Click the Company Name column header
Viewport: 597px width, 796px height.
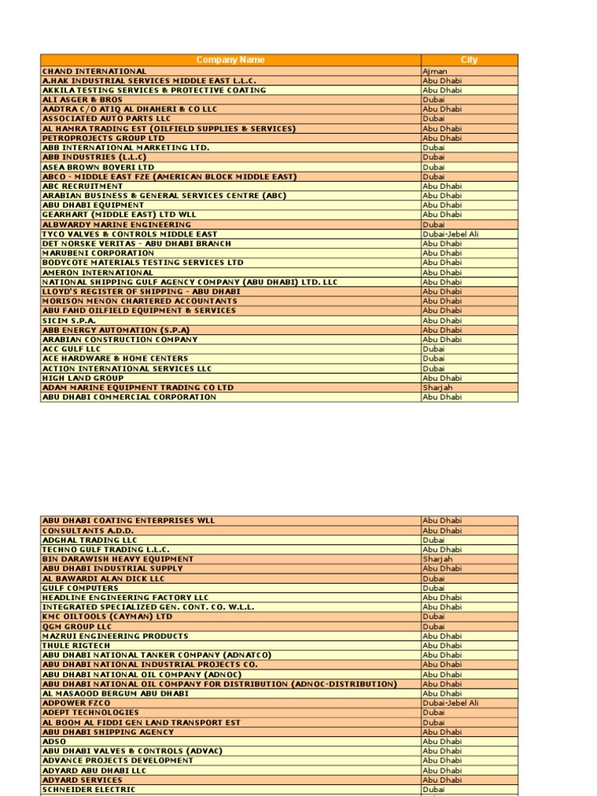[230, 60]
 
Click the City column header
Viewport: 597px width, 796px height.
[469, 60]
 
